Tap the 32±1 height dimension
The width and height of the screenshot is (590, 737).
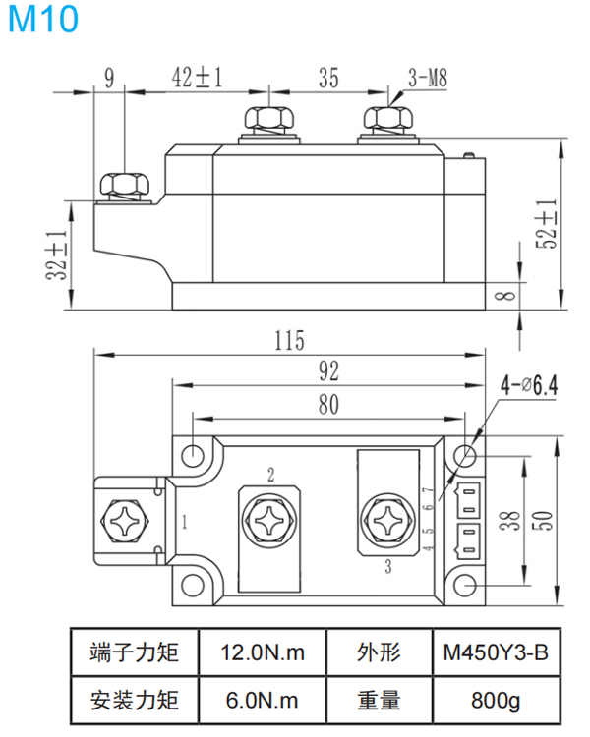point(56,257)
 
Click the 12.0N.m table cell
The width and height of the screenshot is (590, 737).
point(262,652)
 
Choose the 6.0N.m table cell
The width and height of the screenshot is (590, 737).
point(262,701)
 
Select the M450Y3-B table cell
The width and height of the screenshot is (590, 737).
point(494,652)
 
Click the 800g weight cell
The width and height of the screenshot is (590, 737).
point(494,701)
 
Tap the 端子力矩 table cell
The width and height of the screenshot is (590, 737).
point(134,652)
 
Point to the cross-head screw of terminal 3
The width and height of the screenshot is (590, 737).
point(384,518)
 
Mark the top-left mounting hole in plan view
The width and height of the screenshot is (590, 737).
point(195,455)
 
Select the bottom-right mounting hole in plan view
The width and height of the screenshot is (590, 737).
point(467,587)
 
